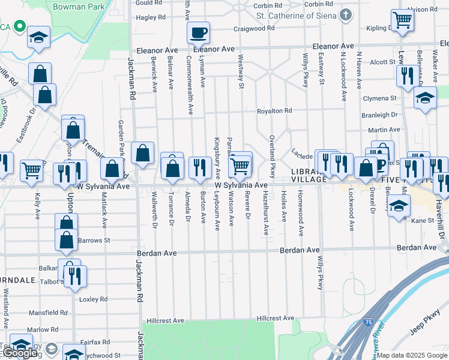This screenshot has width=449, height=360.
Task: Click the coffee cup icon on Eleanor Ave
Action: (198, 32)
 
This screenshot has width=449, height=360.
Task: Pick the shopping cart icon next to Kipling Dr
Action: (402, 20)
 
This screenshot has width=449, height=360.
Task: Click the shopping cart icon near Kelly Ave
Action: (31, 170)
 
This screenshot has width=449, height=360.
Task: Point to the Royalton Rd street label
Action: (274, 111)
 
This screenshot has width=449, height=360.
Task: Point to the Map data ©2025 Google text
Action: (411, 355)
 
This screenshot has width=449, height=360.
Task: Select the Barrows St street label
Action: (94, 240)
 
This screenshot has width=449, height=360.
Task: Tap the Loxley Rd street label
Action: (93, 299)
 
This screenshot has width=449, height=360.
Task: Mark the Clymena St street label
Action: (380, 98)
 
